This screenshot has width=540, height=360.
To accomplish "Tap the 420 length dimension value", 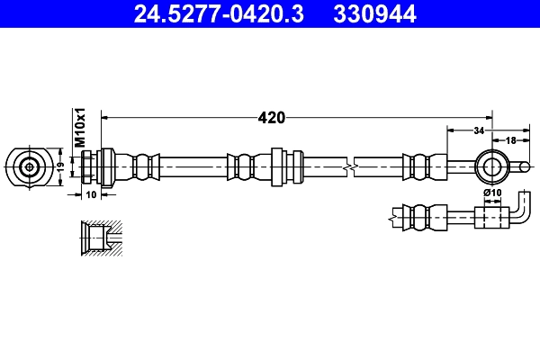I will (x=271, y=117).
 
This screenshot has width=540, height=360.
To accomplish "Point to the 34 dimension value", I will (x=478, y=130).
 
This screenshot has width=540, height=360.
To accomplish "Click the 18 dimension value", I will (x=509, y=140).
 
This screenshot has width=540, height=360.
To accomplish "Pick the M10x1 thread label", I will (x=79, y=128).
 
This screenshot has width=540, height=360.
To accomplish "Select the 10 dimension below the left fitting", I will (x=91, y=193).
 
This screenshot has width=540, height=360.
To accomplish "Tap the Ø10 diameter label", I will (x=491, y=193).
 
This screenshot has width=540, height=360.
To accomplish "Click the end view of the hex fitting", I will (x=30, y=166).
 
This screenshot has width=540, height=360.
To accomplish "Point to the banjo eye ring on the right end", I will (x=491, y=166).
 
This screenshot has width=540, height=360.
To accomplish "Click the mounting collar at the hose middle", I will (x=277, y=166).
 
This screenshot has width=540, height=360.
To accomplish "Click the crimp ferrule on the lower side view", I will (x=418, y=217).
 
